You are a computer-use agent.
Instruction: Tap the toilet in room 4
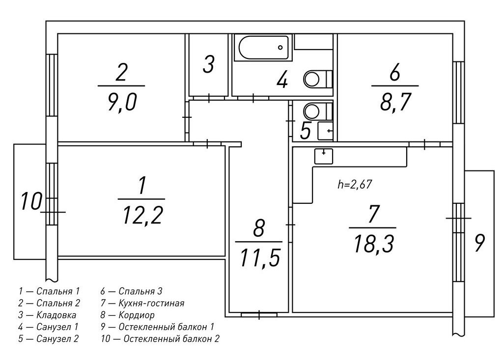pyautogui.click(x=318, y=79)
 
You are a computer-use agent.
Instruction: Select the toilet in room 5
pyautogui.click(x=318, y=111)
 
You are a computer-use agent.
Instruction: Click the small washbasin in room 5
pyautogui.click(x=325, y=131)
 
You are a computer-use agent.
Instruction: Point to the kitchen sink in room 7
pyautogui.click(x=323, y=156)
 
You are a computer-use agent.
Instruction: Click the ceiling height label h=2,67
pyautogui.click(x=355, y=185)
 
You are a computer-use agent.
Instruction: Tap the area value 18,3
pyautogui.click(x=373, y=244)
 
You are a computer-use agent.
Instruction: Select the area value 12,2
pyautogui.click(x=143, y=215)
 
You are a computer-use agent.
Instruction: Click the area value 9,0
pyautogui.click(x=122, y=102)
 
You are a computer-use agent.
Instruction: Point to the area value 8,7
pyautogui.click(x=395, y=102)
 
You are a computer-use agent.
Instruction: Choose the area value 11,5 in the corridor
pyautogui.click(x=260, y=258)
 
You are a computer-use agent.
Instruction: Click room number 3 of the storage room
pyautogui.click(x=208, y=64)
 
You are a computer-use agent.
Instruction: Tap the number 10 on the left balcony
pyautogui.click(x=31, y=201)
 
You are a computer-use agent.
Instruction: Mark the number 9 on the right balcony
pyautogui.click(x=479, y=243)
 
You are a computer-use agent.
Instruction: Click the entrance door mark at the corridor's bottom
pyautogui.click(x=259, y=315)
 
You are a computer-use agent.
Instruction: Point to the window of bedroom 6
pyautogui.click(x=459, y=92)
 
